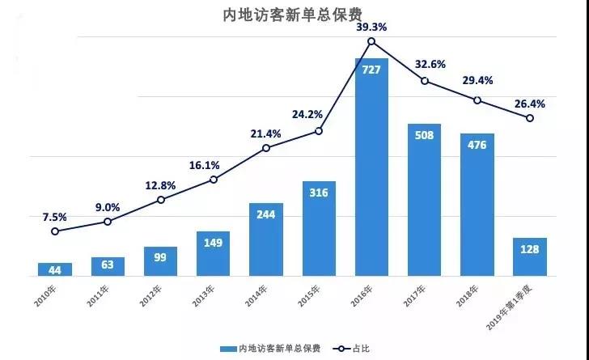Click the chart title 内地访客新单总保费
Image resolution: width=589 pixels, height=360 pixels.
click(x=293, y=15)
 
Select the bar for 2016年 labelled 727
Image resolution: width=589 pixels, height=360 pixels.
click(x=371, y=167)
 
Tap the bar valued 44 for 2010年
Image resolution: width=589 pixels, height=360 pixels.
click(x=55, y=269)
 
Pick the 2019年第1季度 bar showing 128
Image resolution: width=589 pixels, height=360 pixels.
click(x=530, y=257)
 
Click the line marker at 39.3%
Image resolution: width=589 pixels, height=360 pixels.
click(x=371, y=41)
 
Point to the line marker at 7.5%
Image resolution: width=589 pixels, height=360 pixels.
click(x=55, y=231)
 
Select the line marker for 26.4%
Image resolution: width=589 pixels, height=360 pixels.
click(x=530, y=118)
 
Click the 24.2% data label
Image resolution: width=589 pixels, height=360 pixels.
click(x=307, y=114)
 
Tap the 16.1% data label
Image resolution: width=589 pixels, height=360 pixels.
click(x=204, y=165)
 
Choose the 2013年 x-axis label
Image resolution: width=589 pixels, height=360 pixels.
click(x=203, y=296)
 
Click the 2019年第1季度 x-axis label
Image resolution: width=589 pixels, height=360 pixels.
click(x=510, y=307)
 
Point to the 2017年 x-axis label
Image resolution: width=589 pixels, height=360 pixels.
click(x=415, y=296)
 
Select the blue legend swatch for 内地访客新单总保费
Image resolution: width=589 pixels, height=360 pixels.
click(x=228, y=349)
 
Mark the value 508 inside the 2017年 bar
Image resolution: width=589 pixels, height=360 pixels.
click(x=424, y=135)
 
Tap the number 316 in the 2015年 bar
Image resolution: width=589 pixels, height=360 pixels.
click(x=319, y=193)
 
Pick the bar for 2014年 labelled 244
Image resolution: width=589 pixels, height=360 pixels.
click(x=266, y=239)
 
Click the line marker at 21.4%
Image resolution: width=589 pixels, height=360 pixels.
click(x=266, y=148)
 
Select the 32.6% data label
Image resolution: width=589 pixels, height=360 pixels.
click(x=430, y=65)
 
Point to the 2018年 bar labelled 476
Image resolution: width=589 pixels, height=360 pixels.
click(x=477, y=205)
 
